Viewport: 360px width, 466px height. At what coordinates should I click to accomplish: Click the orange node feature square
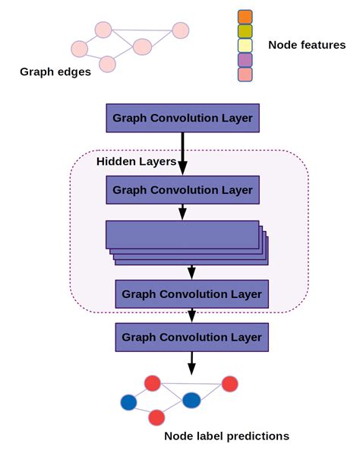(245, 17)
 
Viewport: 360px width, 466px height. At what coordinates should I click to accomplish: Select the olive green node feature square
(245, 31)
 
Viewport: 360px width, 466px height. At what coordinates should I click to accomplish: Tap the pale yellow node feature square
(245, 46)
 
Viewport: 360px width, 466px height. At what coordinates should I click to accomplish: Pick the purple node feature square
(245, 60)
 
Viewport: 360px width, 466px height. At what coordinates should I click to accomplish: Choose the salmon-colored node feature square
(245, 74)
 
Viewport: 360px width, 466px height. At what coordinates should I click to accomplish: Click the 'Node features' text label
(307, 46)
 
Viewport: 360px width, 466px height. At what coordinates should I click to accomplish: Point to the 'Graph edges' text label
(55, 73)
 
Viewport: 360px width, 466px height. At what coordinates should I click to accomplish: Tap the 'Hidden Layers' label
(136, 161)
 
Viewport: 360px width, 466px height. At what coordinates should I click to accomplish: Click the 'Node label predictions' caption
(226, 436)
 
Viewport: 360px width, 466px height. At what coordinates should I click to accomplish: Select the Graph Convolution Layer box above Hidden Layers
(182, 118)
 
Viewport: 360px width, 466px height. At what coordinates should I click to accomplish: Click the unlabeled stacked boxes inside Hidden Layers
(185, 237)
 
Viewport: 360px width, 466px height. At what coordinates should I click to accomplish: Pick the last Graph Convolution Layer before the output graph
(191, 337)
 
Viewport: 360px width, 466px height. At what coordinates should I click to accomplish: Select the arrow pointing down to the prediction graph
(191, 362)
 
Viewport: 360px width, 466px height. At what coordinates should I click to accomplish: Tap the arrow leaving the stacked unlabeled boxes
(191, 271)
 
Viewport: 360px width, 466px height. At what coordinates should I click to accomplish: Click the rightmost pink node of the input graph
(180, 30)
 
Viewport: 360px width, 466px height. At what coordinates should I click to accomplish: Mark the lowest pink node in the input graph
(108, 64)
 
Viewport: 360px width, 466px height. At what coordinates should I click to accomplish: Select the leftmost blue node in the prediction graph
(128, 401)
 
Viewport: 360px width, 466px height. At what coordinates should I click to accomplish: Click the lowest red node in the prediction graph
(156, 417)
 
